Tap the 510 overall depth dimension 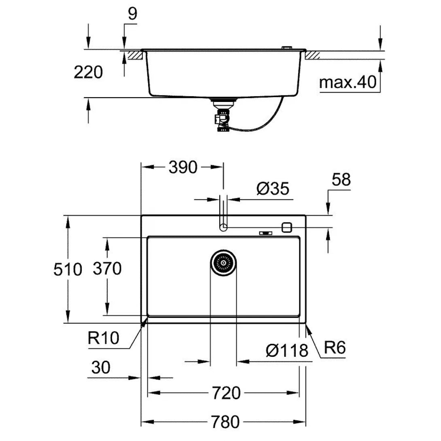click(x=68, y=269)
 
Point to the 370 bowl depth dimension click(x=107, y=268)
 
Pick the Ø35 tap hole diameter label click(x=273, y=189)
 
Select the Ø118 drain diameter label click(x=287, y=350)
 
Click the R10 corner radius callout click(x=104, y=338)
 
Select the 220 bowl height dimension click(x=88, y=73)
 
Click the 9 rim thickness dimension click(x=132, y=14)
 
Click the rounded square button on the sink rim click(x=286, y=227)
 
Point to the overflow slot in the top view click(x=266, y=233)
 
